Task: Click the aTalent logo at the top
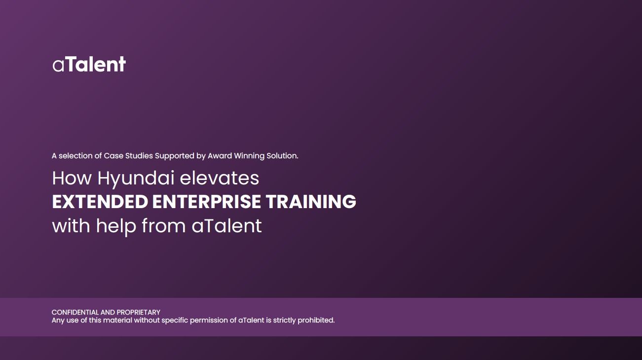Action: pos(89,64)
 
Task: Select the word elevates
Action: pos(219,178)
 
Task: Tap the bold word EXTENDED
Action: pos(100,202)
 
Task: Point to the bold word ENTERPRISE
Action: pos(207,202)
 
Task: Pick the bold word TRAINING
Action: pos(311,202)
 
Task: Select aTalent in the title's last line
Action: pos(227,226)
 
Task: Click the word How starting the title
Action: pos(72,178)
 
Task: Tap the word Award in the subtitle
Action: pos(220,156)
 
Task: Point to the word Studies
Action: pos(139,156)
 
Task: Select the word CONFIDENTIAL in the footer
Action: pos(75,312)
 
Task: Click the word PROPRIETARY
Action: pos(139,312)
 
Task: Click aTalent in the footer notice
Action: pos(251,320)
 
